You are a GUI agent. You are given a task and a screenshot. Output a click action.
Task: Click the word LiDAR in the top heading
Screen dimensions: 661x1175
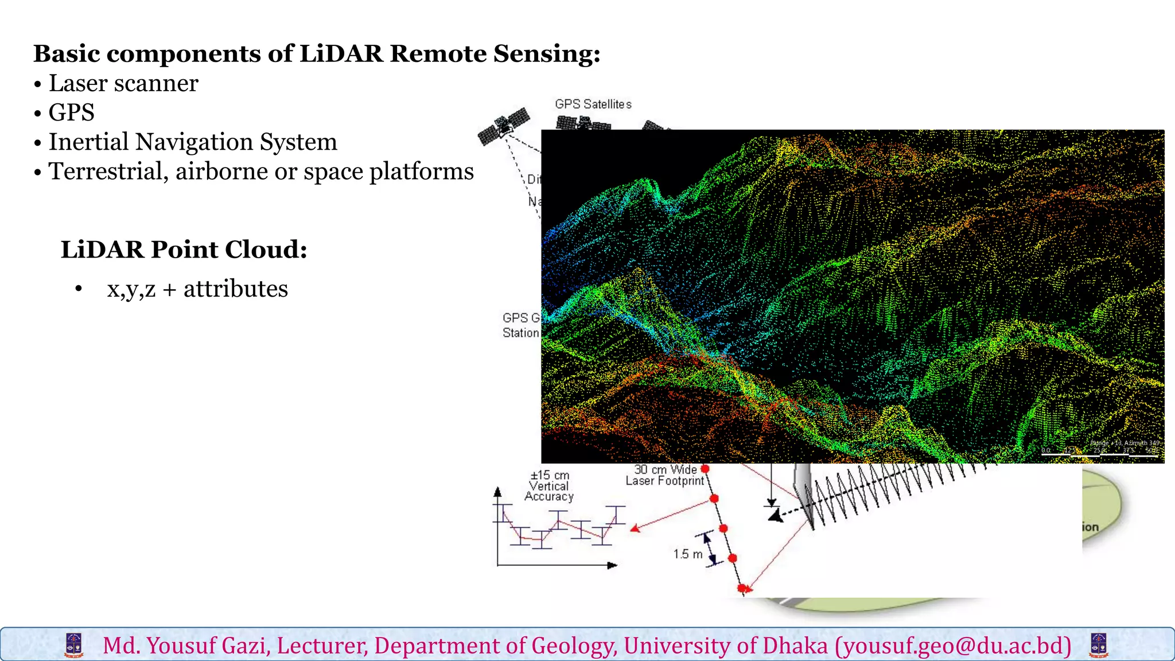pyautogui.click(x=341, y=53)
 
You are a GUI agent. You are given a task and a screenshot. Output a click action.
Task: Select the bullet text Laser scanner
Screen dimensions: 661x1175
pyautogui.click(x=123, y=83)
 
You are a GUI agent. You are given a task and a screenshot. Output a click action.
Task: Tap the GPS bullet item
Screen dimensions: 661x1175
pyautogui.click(x=71, y=112)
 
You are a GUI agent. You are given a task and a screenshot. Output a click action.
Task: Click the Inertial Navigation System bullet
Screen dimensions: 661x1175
pyautogui.click(x=193, y=142)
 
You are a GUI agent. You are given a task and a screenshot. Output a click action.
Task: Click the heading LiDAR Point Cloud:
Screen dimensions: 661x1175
pyautogui.click(x=184, y=250)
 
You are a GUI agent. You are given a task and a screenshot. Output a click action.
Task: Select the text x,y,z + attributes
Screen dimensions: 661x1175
pyautogui.click(x=197, y=289)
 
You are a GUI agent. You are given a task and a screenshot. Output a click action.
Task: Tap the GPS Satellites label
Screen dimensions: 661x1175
pyautogui.click(x=593, y=104)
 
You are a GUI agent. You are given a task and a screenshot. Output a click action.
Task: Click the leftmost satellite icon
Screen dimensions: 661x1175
pyautogui.click(x=503, y=126)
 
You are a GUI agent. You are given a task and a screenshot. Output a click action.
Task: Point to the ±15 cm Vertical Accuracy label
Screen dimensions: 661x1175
pyautogui.click(x=549, y=486)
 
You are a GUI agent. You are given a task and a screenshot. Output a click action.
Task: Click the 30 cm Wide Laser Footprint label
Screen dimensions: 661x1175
pyautogui.click(x=664, y=475)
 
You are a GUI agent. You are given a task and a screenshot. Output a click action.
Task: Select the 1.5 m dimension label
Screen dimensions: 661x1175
pyautogui.click(x=687, y=554)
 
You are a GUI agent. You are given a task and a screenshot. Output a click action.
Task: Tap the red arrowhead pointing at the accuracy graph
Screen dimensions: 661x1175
pyautogui.click(x=635, y=528)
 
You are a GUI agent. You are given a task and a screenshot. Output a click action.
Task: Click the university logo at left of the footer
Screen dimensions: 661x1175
pyautogui.click(x=74, y=645)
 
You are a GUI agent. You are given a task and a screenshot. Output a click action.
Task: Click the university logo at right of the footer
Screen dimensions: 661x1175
pyautogui.click(x=1098, y=645)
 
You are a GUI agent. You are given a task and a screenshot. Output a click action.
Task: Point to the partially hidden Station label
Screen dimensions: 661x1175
pyautogui.click(x=520, y=333)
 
